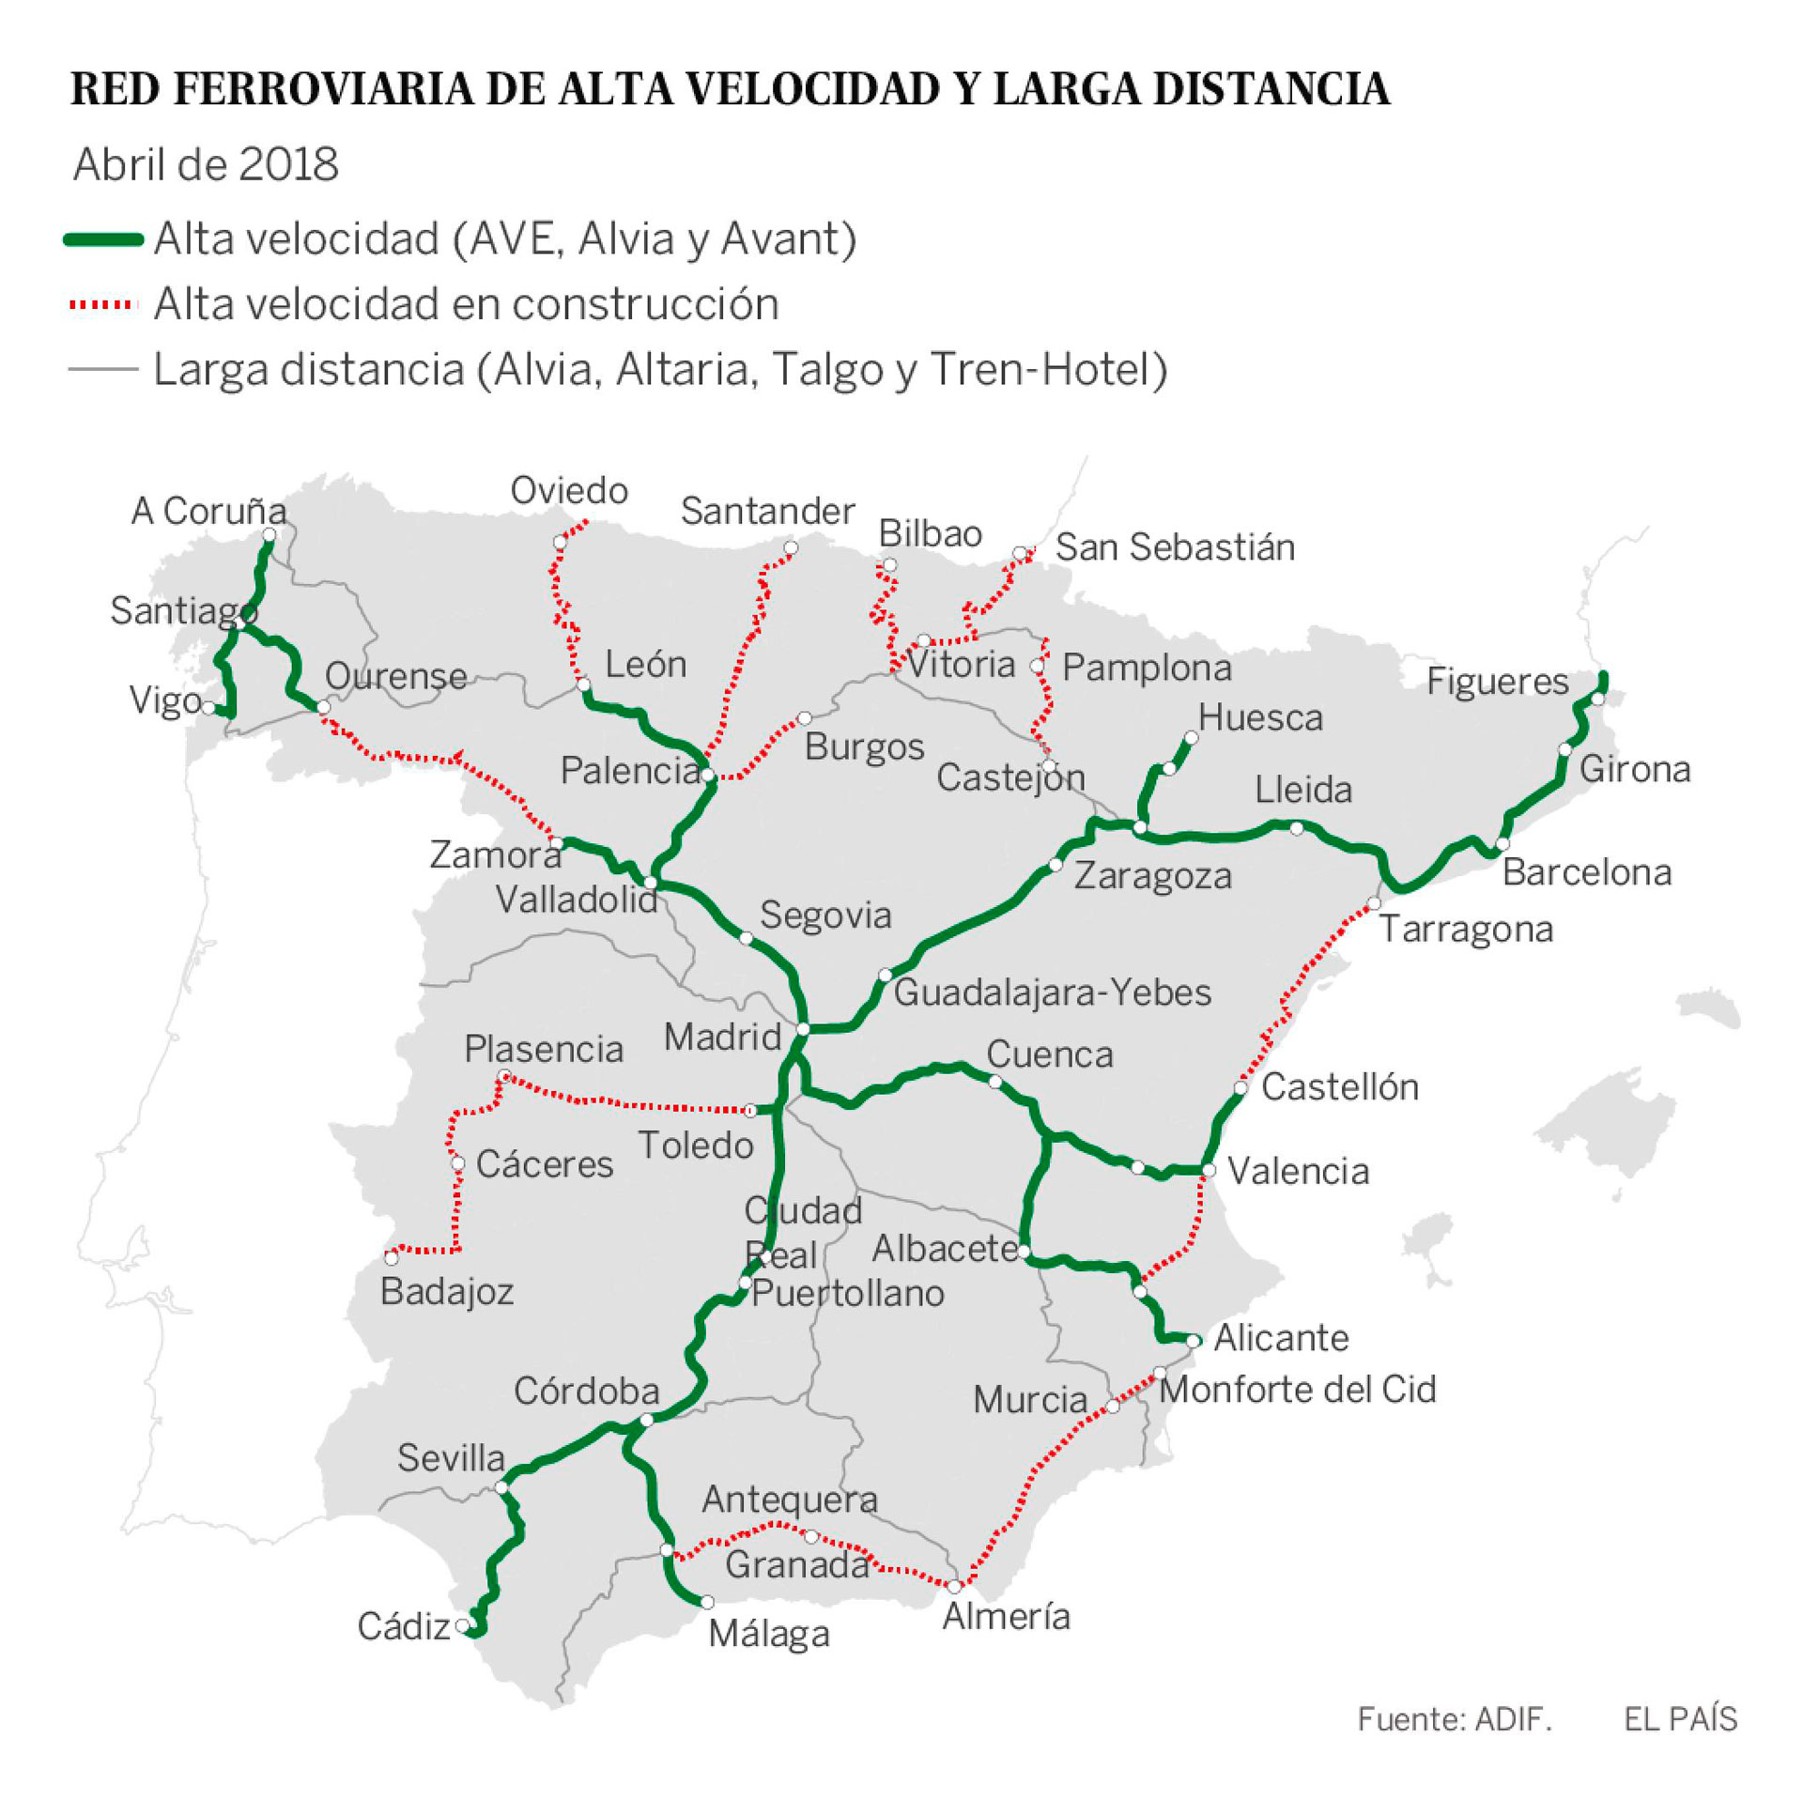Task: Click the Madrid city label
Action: (721, 1038)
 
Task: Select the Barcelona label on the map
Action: (1586, 872)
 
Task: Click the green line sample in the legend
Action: (103, 239)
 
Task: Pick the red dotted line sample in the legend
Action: (103, 304)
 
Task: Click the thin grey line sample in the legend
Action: (103, 369)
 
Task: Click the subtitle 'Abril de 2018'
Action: (206, 164)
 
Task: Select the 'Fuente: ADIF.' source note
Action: (1454, 1717)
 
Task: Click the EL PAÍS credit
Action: (1680, 1717)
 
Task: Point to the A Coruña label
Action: (208, 511)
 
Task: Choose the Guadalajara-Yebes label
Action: (1052, 993)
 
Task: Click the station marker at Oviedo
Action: (560, 542)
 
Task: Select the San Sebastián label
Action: (1175, 546)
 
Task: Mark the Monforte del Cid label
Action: (1297, 1390)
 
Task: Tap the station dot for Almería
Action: (954, 1586)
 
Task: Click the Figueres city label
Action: (1497, 681)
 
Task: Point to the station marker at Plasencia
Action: (503, 1077)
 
